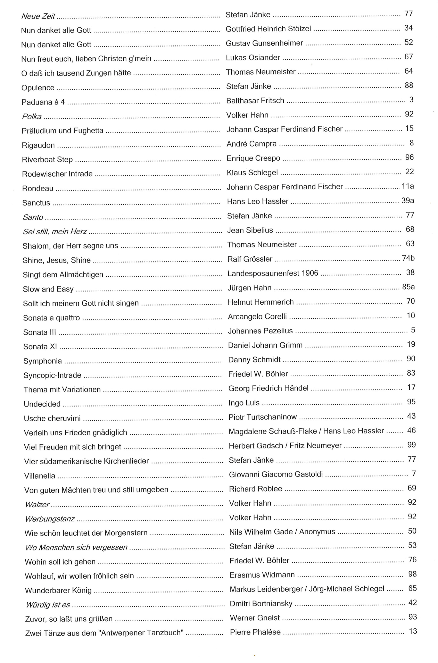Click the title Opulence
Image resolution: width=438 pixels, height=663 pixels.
(38, 88)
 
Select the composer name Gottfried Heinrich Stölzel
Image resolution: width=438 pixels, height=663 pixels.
(268, 29)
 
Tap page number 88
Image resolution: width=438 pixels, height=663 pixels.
(409, 85)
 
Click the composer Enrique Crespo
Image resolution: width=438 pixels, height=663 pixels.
(253, 158)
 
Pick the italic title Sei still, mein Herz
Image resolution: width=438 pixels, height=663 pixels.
(55, 232)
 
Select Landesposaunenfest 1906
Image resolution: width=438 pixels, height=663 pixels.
(273, 273)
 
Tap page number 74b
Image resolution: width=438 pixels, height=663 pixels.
(408, 258)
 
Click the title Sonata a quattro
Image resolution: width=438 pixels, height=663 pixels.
(51, 318)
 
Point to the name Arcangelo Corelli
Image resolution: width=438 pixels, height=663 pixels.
(257, 317)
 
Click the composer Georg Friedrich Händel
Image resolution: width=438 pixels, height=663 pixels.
(268, 388)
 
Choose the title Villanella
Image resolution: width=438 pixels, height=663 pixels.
(40, 476)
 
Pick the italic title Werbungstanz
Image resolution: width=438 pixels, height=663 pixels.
(50, 519)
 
